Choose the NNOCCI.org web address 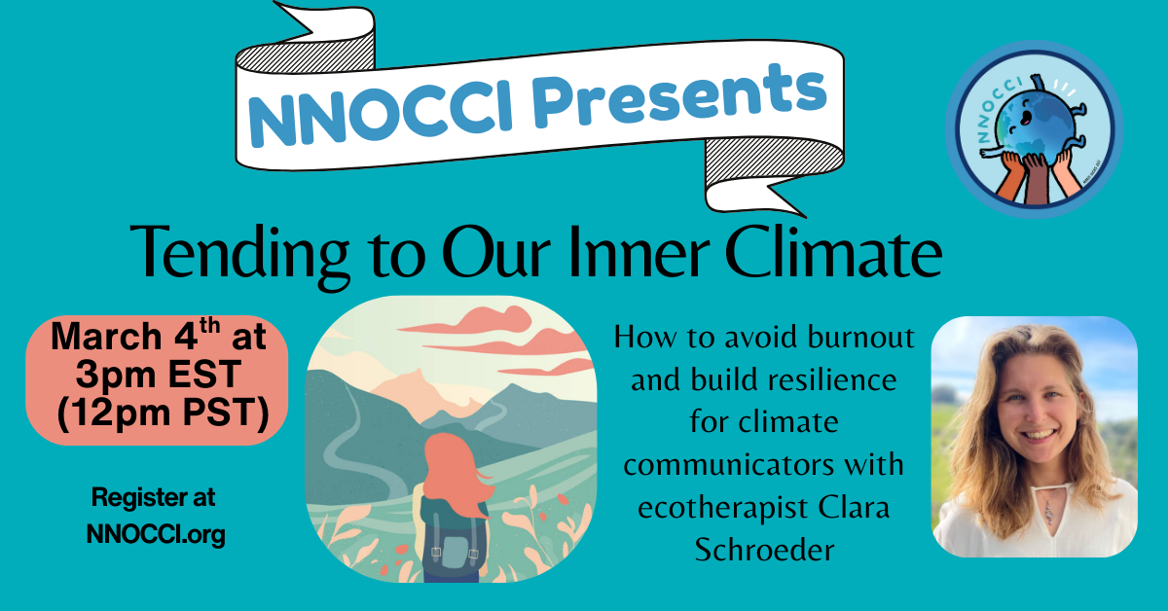[x=155, y=534]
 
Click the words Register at [x=154, y=497]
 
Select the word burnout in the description [x=861, y=339]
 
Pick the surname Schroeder [x=764, y=550]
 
